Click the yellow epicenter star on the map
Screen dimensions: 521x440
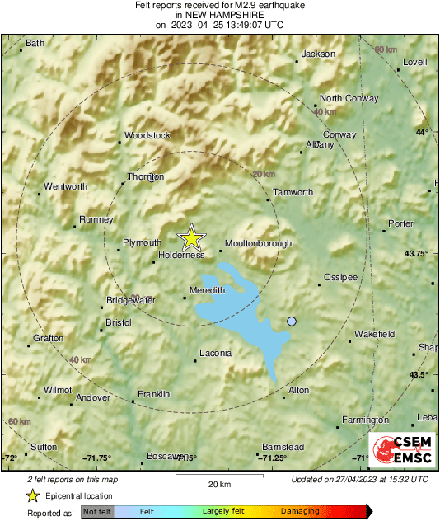(191, 238)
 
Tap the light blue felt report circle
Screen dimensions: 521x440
(291, 321)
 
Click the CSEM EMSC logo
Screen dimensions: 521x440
(397, 450)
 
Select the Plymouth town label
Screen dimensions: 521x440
(142, 242)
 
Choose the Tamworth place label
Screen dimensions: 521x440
(293, 192)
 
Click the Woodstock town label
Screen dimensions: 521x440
(147, 135)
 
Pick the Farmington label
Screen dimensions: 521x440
(365, 420)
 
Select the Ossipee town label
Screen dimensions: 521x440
(340, 277)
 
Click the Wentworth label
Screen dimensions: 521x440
(65, 186)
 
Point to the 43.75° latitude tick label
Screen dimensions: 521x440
(416, 254)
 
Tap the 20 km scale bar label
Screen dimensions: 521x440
(219, 483)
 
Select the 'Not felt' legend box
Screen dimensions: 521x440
(96, 512)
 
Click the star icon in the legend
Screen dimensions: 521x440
(32, 495)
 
